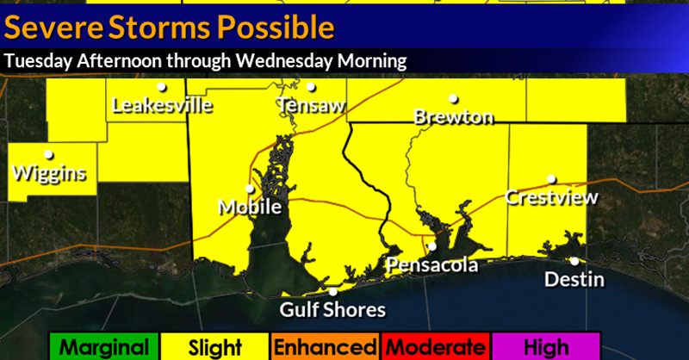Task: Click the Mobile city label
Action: click(x=251, y=208)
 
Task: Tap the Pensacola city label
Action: click(x=431, y=264)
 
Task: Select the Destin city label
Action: click(x=575, y=280)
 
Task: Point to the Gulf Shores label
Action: click(x=333, y=309)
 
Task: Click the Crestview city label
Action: click(x=551, y=198)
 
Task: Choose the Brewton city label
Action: click(x=454, y=116)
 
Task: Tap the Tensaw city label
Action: click(x=311, y=105)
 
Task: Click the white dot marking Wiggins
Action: click(x=49, y=155)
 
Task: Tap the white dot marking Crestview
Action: click(x=551, y=180)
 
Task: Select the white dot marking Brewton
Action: click(x=453, y=98)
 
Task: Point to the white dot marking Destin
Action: click(x=574, y=261)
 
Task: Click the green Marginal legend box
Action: click(x=104, y=347)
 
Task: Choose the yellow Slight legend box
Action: click(x=214, y=347)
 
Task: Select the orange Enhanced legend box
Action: click(x=325, y=347)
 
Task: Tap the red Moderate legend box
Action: click(x=435, y=347)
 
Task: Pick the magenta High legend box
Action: click(x=545, y=347)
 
